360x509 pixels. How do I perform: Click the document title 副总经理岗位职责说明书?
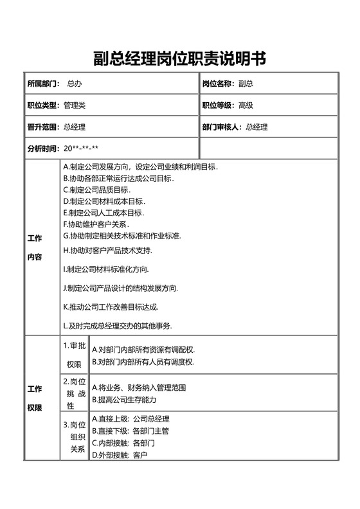point(179,59)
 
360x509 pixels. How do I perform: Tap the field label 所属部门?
point(43,84)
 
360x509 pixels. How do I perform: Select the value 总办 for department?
point(74,84)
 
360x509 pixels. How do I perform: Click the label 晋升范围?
point(43,127)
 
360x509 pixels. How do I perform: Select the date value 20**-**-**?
point(80,148)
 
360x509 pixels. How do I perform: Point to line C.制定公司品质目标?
point(96,190)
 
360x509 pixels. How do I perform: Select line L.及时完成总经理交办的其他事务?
point(117,326)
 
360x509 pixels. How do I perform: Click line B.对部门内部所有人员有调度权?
point(143,362)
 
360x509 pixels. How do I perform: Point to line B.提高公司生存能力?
point(124,400)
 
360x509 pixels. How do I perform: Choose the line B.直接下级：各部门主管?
point(130,431)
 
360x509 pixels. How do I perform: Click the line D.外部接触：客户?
point(120,455)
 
